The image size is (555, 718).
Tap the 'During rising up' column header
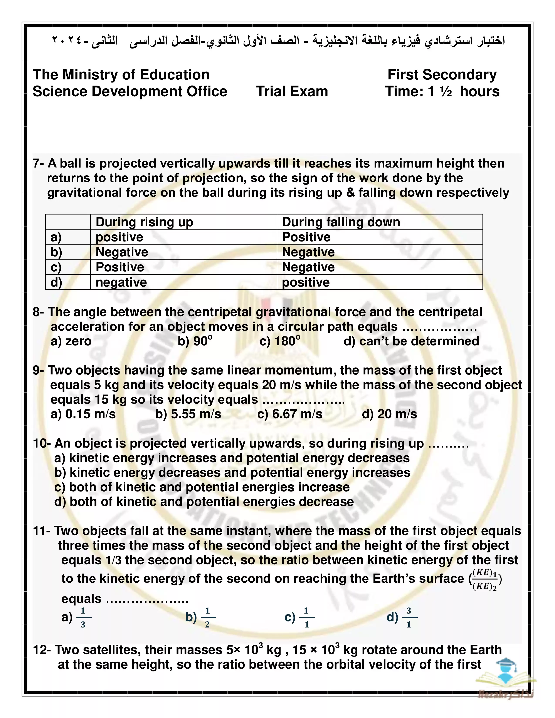tap(144, 222)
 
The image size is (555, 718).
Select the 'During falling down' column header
tap(341, 222)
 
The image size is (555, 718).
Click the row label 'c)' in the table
tap(56, 267)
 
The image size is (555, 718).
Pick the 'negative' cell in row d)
tap(121, 282)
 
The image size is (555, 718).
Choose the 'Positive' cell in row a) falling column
tap(306, 237)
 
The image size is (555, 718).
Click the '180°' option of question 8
tap(280, 341)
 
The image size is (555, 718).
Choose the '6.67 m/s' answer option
tap(290, 414)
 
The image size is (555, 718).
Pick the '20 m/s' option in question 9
tap(390, 414)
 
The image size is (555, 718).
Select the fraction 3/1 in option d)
tap(409, 617)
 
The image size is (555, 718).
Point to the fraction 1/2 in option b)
tap(207, 617)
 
